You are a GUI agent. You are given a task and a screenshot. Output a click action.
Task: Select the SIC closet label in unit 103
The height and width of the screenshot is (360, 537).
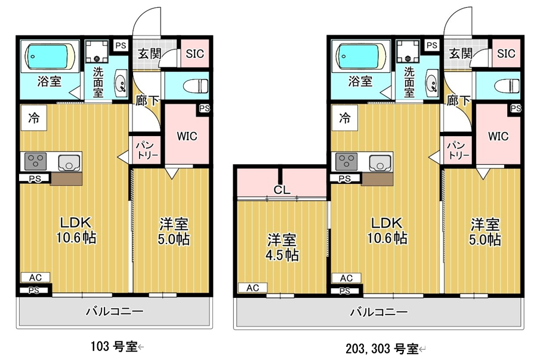pos(195,54)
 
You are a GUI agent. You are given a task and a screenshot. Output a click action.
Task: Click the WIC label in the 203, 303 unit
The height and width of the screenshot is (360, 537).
pos(498,136)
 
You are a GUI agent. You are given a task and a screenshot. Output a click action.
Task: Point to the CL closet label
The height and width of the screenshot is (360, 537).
pos(282,189)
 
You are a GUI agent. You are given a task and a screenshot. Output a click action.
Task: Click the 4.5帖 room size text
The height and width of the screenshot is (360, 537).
pos(282,255)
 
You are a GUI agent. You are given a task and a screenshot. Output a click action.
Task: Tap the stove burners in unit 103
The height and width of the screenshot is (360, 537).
pos(35,161)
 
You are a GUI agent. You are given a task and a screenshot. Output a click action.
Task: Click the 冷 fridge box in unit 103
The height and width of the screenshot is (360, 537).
pos(33,118)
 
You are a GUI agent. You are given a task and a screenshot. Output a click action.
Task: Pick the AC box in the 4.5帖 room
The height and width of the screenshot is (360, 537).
pos(253,288)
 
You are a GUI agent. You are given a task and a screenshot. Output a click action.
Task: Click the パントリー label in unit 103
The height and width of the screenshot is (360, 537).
pos(147,150)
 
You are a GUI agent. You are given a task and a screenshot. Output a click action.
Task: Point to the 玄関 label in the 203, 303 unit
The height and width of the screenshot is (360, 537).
pos(461,54)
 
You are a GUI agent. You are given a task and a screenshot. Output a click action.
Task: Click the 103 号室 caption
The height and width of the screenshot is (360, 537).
pos(114,347)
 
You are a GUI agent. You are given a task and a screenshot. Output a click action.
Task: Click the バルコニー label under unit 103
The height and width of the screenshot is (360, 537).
pos(115,311)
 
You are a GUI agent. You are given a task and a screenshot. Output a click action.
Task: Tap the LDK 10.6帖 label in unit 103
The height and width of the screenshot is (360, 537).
pos(76,230)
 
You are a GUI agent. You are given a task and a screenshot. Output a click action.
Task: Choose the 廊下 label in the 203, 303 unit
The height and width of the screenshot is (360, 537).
pos(459,101)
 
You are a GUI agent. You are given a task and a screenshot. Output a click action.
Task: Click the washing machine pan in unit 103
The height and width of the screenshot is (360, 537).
pos(97,52)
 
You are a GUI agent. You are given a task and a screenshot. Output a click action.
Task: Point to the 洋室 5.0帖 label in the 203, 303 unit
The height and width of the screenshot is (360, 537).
pos(485,232)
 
